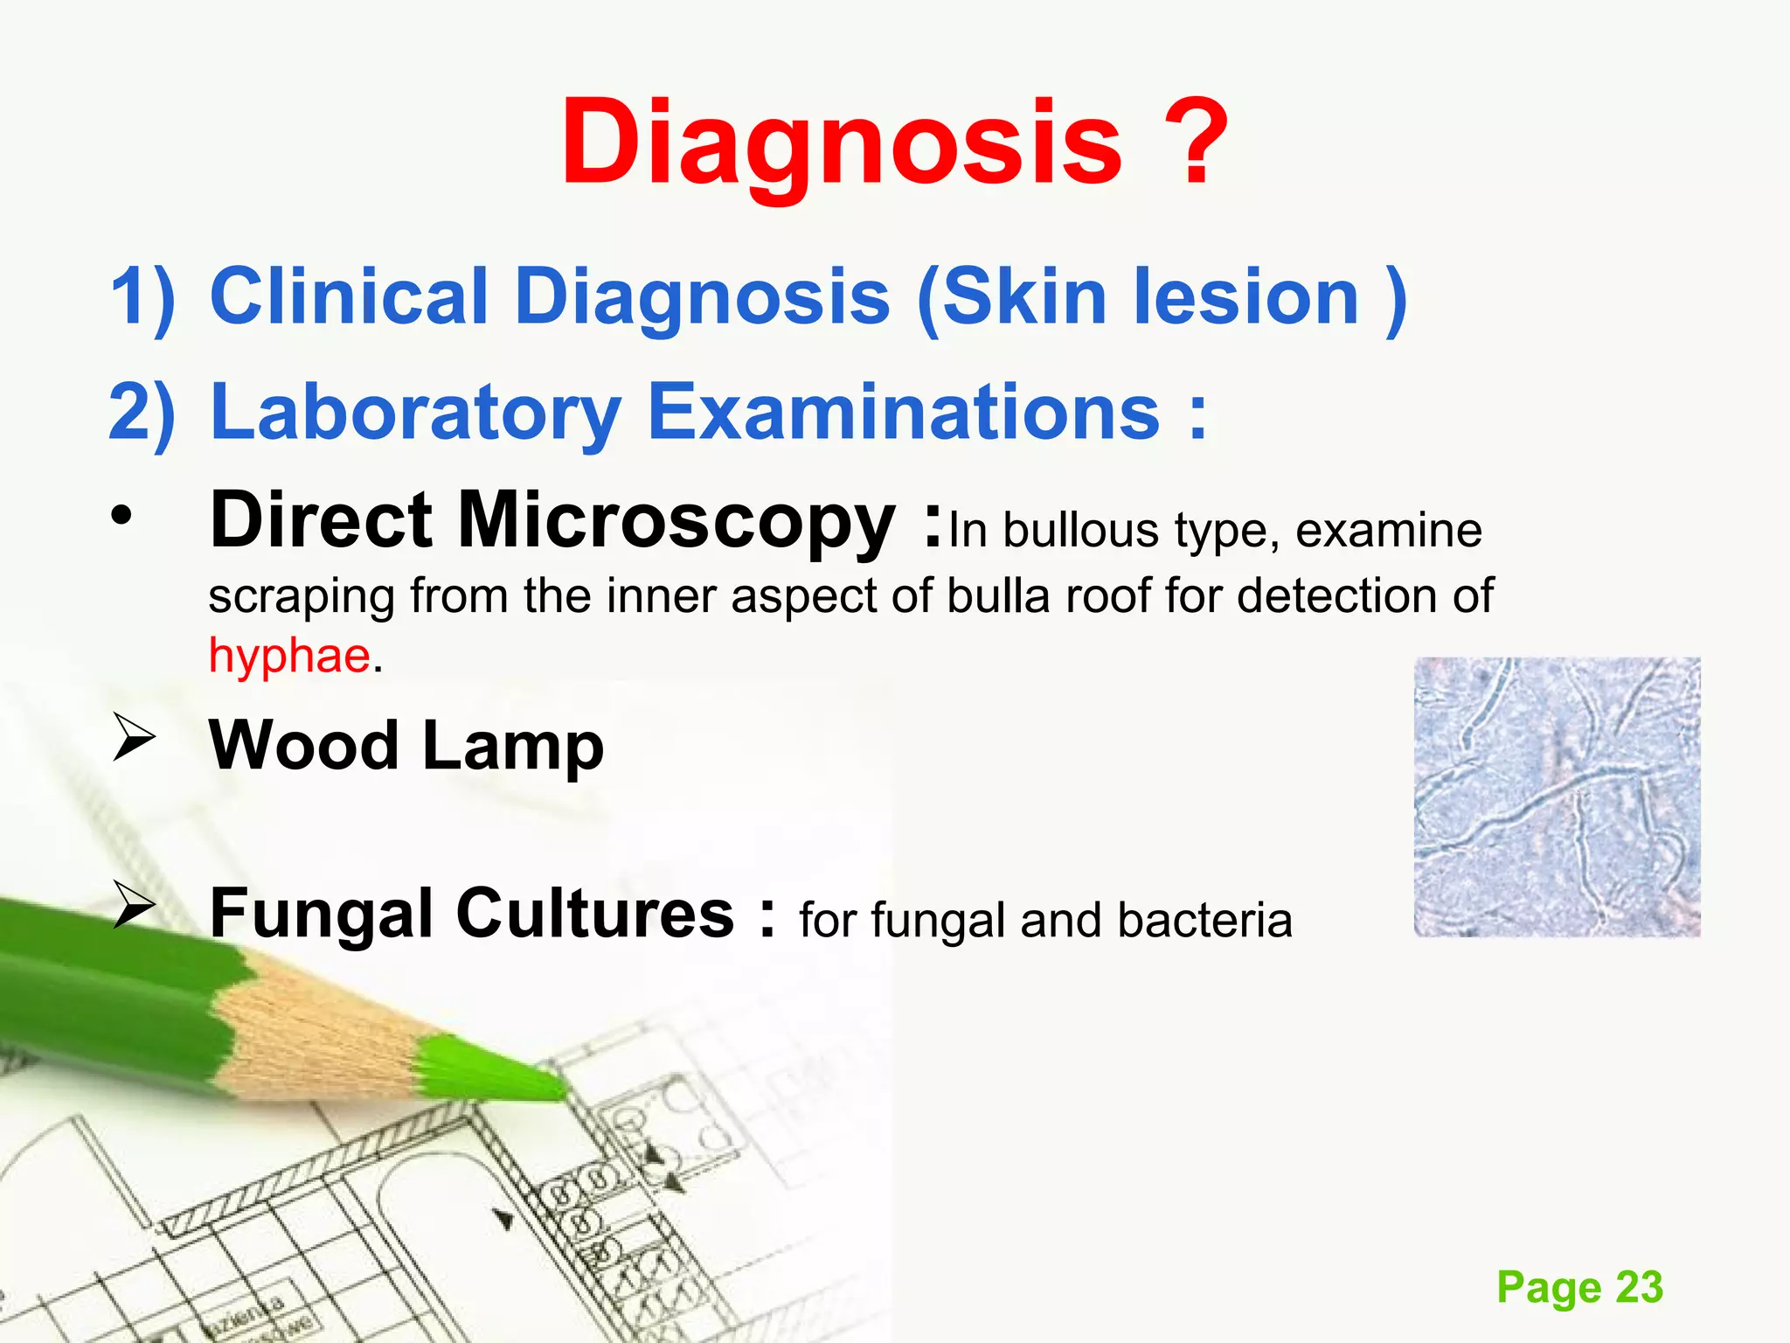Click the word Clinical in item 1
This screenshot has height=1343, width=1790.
349,297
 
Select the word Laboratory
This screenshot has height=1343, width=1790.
416,412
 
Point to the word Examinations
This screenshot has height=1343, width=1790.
904,412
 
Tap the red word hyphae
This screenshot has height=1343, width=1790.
289,656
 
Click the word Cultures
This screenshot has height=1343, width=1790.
594,914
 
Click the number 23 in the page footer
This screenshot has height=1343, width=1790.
1639,1287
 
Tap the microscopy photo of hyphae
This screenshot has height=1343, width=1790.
1557,797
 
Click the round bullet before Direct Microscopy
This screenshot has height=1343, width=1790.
121,518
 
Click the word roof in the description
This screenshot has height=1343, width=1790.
1108,597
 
